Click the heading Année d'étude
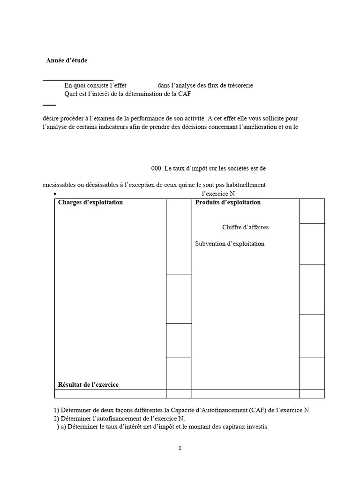67,60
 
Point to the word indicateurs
136,127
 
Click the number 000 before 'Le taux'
156,168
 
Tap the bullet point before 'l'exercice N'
55,194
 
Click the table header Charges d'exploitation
90,202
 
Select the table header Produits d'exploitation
228,202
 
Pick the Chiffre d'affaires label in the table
245,227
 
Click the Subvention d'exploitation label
230,244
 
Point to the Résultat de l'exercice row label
88,385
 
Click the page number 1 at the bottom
180,448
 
